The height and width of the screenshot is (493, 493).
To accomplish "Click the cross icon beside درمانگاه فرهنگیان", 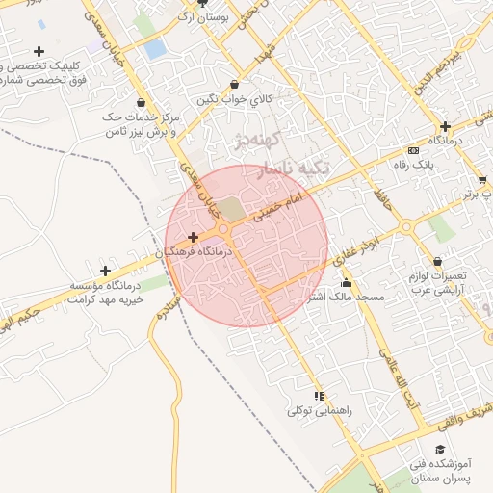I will [x=193, y=237].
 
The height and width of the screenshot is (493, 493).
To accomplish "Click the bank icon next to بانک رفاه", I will [x=413, y=150].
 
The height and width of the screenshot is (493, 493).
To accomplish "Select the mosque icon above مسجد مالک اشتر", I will [x=346, y=283].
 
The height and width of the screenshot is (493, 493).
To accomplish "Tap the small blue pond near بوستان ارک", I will [x=154, y=49].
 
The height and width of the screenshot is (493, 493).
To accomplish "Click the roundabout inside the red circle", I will [x=223, y=228].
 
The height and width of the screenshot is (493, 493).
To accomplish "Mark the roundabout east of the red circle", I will [x=406, y=227].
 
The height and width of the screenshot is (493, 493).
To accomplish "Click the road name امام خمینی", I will [x=279, y=207].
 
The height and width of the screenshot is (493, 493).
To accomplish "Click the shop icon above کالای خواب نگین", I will [x=236, y=85].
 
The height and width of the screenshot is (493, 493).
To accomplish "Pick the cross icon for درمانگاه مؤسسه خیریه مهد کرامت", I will [x=105, y=272].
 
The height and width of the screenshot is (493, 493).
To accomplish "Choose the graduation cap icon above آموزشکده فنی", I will [x=440, y=450].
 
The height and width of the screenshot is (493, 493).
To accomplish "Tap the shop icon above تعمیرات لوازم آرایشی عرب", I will [x=438, y=261].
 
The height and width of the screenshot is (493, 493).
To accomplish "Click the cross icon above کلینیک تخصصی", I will [x=39, y=51].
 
